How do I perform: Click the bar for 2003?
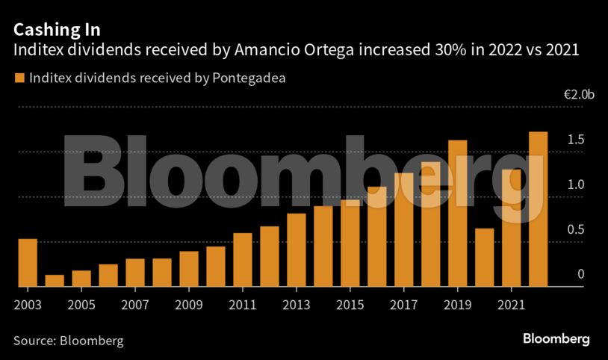point(28,263)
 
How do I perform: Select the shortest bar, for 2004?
point(55,281)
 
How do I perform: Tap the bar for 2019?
point(457,214)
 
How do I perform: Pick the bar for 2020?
point(484,258)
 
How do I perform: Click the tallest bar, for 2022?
point(538,209)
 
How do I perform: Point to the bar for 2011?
point(243,260)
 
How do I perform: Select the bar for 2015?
point(350,243)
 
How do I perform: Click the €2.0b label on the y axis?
point(579,95)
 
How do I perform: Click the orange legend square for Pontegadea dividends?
point(19,77)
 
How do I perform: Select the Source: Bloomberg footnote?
point(68,341)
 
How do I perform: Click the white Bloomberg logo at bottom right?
point(556,339)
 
